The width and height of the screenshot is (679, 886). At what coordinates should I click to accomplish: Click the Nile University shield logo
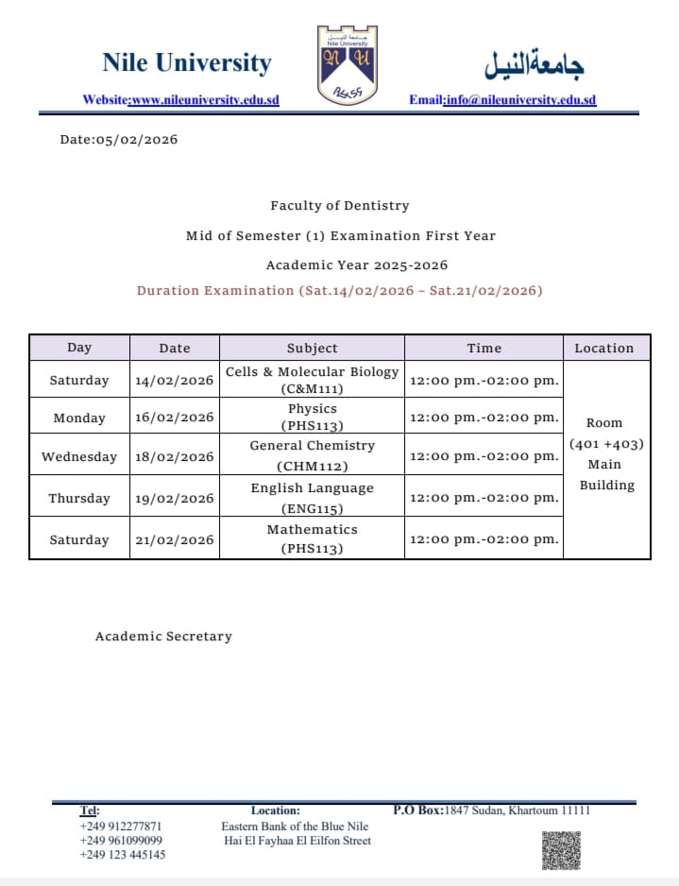coord(347,64)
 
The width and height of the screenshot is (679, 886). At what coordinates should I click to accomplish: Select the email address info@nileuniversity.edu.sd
coord(520,99)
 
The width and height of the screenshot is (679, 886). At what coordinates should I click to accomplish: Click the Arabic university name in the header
coord(534,64)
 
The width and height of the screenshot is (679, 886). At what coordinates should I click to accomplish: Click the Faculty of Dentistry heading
coord(340,205)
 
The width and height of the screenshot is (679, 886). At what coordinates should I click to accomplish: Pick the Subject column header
coord(312,348)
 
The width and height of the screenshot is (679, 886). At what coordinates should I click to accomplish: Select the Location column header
coord(604,348)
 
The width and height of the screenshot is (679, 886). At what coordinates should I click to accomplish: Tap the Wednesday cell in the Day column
coord(79,456)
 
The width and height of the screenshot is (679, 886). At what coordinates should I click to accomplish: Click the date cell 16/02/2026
coord(175,417)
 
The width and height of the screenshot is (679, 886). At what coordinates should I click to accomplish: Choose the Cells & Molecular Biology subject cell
coord(312,379)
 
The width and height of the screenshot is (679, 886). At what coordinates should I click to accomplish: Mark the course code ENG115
coord(313,508)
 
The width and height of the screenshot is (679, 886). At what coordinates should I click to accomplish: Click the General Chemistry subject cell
coord(312,454)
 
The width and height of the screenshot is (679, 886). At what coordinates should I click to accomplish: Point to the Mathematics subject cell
coord(312,538)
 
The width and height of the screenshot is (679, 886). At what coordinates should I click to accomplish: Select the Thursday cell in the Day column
coord(79,498)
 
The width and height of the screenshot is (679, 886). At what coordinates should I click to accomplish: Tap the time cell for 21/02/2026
coord(484,539)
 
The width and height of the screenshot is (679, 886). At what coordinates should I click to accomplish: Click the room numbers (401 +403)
coord(605,443)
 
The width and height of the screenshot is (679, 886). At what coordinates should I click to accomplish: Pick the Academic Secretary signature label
coord(163,637)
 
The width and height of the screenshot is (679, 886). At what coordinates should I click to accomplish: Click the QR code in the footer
coord(561,849)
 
